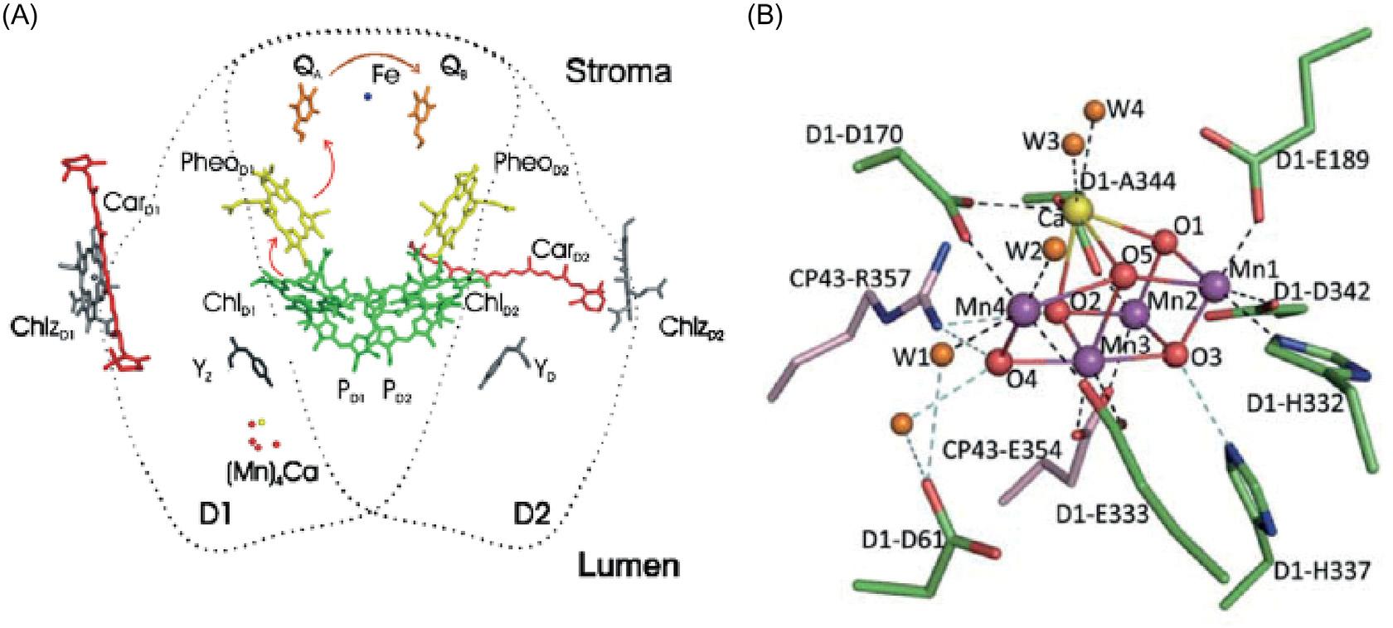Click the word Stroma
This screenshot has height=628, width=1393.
pos(618,72)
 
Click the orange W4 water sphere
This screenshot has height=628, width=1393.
pos(1094,110)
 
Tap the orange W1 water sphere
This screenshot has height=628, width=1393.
pos(941,354)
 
